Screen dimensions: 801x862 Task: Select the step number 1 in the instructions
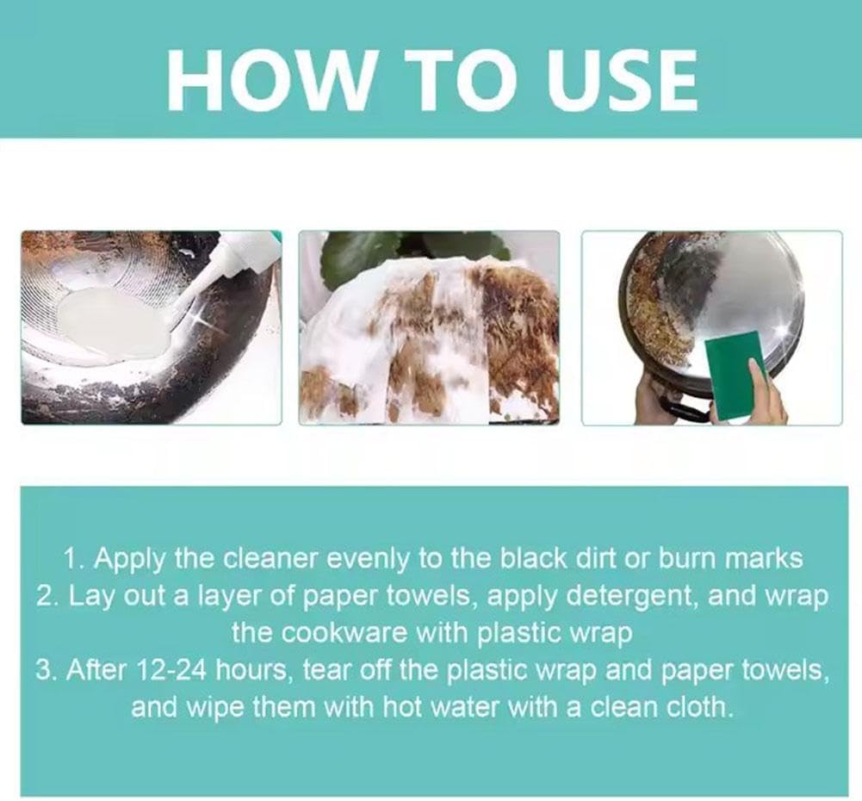point(71,558)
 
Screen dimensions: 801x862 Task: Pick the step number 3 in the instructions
point(43,670)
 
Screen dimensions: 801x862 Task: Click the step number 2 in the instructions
point(43,595)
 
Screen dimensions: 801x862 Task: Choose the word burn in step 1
point(691,558)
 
